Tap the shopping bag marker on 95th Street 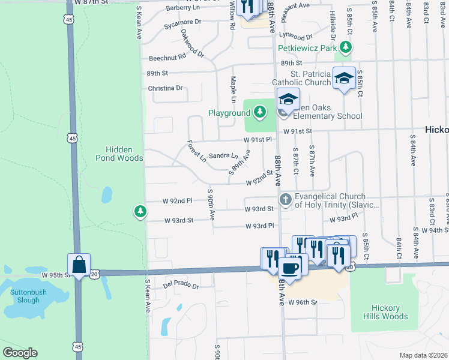click(x=79, y=263)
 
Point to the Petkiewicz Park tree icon click(x=345, y=46)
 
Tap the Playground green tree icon click(x=259, y=112)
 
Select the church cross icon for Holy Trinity click(x=285, y=199)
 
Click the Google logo click(x=20, y=353)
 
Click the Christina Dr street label click(x=165, y=88)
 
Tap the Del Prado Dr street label click(x=181, y=283)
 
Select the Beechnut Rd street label click(x=167, y=56)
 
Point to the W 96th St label click(x=302, y=302)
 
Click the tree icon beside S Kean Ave click(x=140, y=211)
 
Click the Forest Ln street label click(x=196, y=151)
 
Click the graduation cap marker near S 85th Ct click(x=345, y=79)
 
